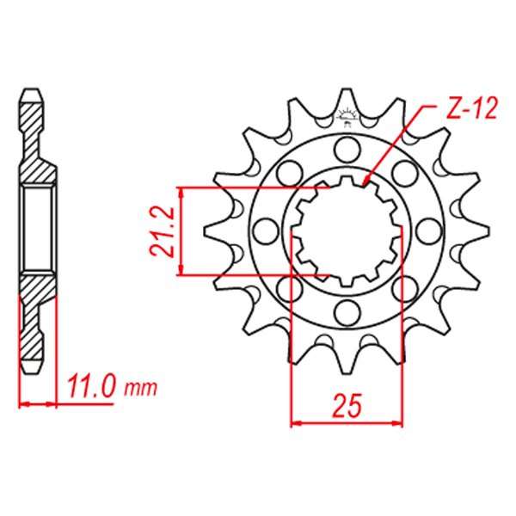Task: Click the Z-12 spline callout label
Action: (x=471, y=108)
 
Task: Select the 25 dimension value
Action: (x=347, y=405)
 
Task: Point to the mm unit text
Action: (x=140, y=389)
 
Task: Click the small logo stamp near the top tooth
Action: (x=347, y=118)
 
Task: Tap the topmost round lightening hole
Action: (x=347, y=149)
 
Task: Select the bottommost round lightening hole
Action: (x=347, y=312)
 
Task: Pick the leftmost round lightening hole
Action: (x=265, y=231)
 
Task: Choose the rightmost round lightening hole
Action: (x=428, y=231)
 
